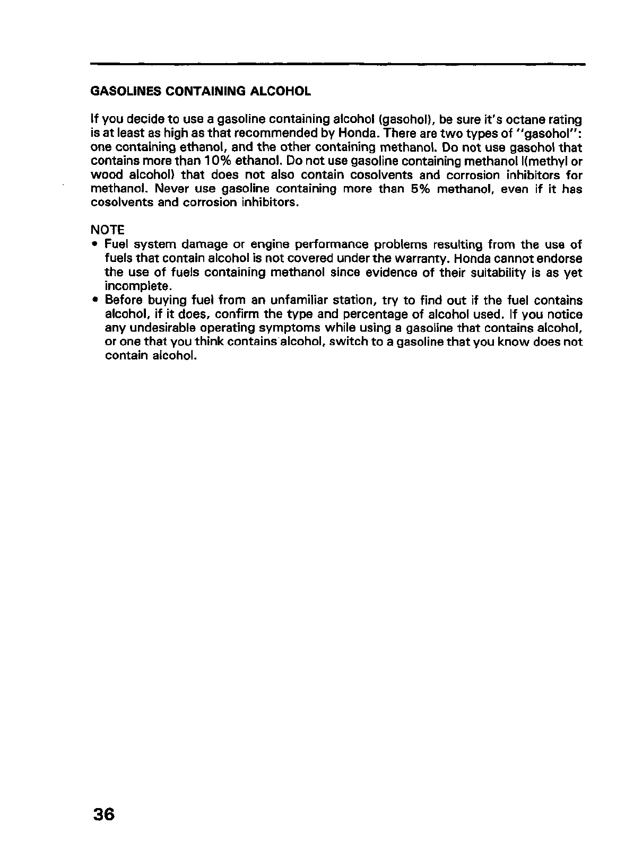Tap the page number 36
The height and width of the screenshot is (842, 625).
(x=103, y=813)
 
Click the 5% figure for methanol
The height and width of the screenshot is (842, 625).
(x=421, y=189)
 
